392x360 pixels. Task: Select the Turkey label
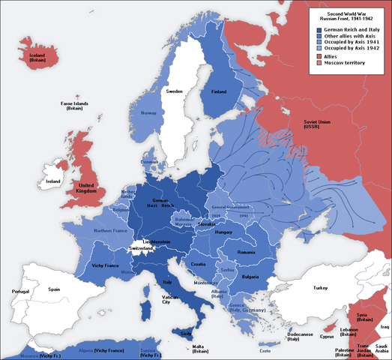point(322,288)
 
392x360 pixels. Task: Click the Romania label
point(247,253)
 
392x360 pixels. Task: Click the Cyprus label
point(327,337)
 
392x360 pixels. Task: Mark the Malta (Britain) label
point(199,348)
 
